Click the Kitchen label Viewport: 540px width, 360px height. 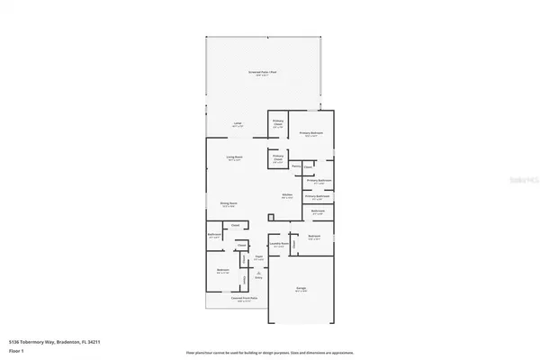[287, 196]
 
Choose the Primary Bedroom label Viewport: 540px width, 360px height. [310, 134]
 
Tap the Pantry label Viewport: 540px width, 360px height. [295, 166]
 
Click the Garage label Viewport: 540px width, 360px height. [301, 290]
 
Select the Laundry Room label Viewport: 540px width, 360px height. [279, 244]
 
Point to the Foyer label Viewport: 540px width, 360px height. [257, 257]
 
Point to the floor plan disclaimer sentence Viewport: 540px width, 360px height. [270, 352]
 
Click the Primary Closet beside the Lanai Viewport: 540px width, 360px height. [278, 125]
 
